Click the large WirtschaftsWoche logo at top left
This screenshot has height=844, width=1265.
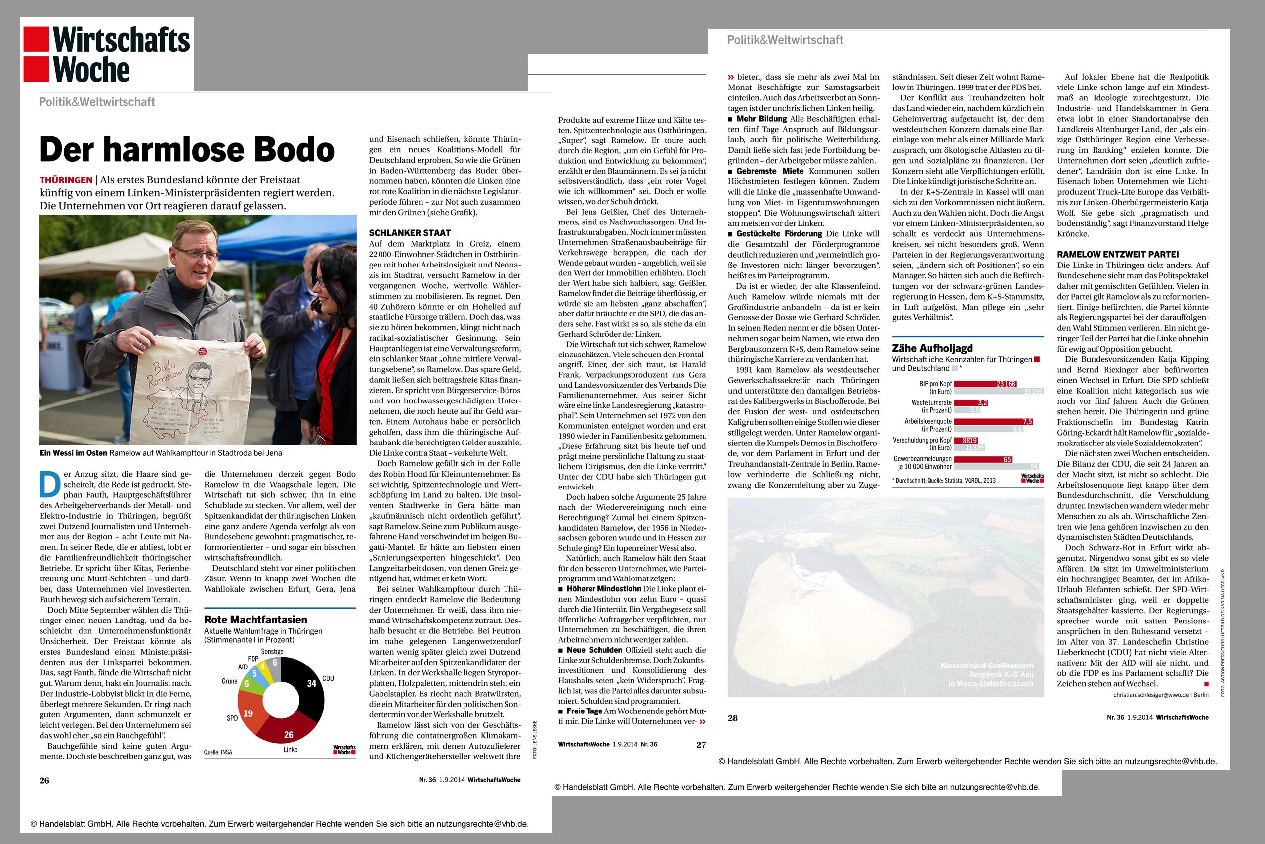107,54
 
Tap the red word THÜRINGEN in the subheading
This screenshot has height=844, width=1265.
65,180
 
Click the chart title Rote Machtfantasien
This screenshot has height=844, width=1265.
255,620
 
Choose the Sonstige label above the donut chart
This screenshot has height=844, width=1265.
272,651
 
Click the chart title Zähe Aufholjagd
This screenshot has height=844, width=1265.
932,348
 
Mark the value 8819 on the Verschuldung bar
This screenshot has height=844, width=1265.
970,441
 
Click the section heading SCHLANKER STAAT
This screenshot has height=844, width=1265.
410,233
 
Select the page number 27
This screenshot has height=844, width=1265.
700,745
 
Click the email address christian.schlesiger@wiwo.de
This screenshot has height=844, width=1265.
1150,695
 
